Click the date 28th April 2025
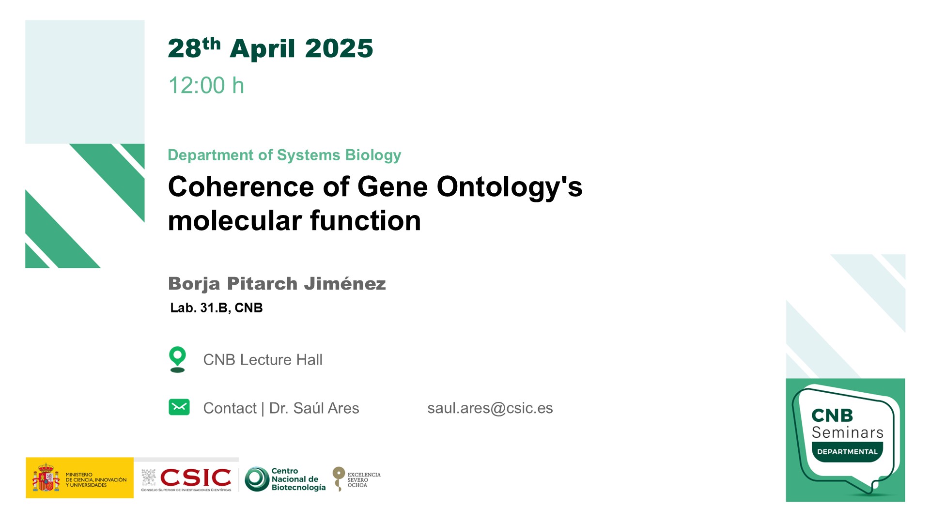tap(270, 48)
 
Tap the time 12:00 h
tap(206, 85)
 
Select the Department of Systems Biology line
tap(284, 155)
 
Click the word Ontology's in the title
tap(510, 187)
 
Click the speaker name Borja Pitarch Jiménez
tap(277, 284)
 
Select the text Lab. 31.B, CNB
tap(217, 308)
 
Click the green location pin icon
tap(178, 359)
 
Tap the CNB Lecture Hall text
tap(263, 360)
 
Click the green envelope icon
tap(179, 407)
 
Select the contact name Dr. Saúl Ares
tap(314, 408)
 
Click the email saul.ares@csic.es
tap(490, 408)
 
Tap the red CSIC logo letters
tap(196, 478)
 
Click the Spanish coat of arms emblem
tap(46, 477)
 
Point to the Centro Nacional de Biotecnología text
tap(298, 479)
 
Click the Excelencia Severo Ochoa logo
tap(356, 479)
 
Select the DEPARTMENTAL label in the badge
tap(847, 452)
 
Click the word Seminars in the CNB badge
tap(848, 432)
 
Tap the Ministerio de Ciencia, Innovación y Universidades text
tap(96, 480)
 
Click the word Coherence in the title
tap(241, 187)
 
